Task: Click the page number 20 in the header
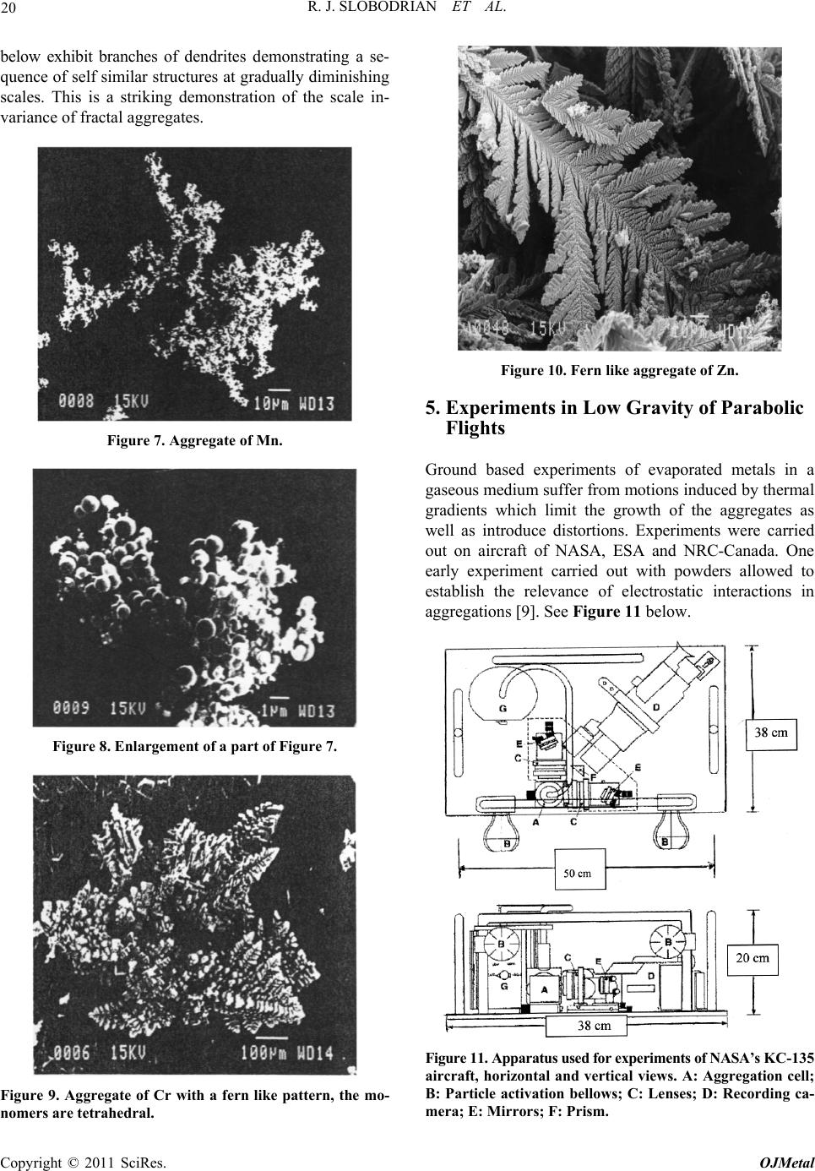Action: pyautogui.click(x=8, y=10)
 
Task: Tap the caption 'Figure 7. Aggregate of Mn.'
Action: pyautogui.click(x=194, y=441)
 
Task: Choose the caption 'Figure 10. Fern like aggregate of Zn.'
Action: pyautogui.click(x=619, y=370)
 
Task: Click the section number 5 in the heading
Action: pyautogui.click(x=432, y=408)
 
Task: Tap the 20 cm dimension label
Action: pyautogui.click(x=753, y=958)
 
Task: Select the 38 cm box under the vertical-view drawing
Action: pyautogui.click(x=587, y=1027)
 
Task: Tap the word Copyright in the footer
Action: pyautogui.click(x=31, y=1161)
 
